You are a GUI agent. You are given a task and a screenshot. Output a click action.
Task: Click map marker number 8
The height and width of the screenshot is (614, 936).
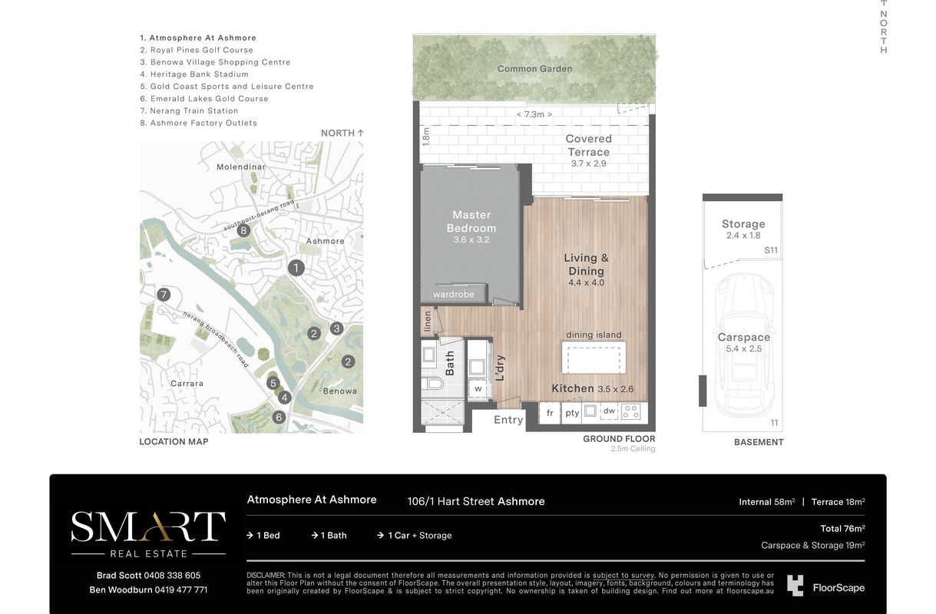pos(243,230)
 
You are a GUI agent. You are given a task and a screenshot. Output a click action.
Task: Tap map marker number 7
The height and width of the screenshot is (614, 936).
pos(164,295)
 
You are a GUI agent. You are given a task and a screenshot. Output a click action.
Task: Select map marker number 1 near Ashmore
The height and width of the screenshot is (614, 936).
pos(296,268)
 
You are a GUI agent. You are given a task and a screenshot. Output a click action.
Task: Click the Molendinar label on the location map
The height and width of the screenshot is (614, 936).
pos(241,167)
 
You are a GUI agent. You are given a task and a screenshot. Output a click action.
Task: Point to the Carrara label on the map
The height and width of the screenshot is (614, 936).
pos(187,384)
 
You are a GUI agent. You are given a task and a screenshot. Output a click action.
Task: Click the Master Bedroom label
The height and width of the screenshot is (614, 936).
pos(471,221)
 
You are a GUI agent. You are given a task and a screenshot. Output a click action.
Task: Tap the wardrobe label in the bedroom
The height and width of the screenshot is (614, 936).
pos(453,295)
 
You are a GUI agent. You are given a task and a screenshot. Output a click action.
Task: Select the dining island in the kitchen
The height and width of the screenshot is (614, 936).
pos(594,358)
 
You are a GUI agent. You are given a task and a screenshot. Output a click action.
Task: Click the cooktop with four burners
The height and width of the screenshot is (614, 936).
pos(630,412)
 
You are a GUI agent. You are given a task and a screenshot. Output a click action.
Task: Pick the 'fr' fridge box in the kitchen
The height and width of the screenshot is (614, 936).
pos(550,413)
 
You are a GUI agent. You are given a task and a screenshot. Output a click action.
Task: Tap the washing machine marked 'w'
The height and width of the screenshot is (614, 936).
pos(478,388)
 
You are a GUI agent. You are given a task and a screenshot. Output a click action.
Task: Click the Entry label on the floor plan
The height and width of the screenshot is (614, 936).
pos(508,420)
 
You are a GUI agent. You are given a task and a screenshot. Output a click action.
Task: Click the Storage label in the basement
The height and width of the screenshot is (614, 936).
pos(743,224)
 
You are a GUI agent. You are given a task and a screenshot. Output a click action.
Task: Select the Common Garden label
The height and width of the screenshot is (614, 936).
pos(534,69)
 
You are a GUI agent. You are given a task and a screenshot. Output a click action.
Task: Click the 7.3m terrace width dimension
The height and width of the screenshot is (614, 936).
pos(534,114)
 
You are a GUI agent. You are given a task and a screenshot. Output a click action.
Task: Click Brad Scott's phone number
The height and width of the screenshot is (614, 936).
pos(172,576)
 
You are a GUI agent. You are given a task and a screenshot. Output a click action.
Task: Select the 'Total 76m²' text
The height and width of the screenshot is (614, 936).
pos(842,528)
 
